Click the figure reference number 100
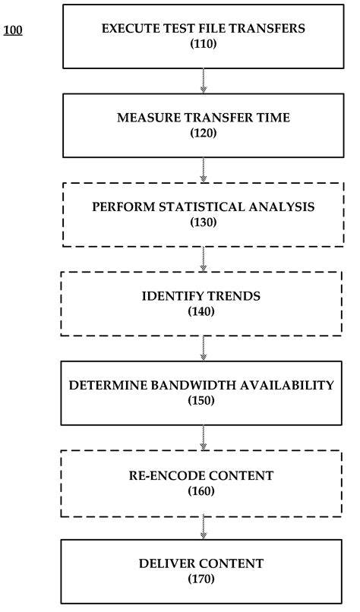[13, 31]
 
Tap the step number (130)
[203, 222]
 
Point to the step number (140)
[203, 311]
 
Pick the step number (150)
[203, 400]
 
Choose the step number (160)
[203, 491]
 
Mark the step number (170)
[203, 579]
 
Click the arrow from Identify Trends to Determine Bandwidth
[203, 348]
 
